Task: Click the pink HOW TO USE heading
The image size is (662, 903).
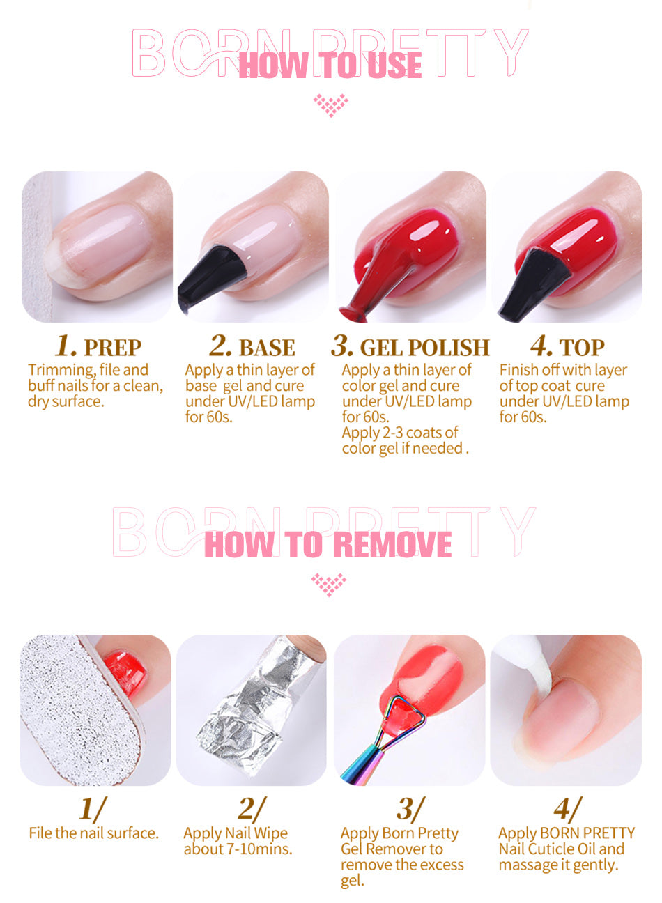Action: (x=330, y=65)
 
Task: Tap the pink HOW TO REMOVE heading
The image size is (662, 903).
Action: (x=328, y=544)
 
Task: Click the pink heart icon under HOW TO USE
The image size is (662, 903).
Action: (x=331, y=106)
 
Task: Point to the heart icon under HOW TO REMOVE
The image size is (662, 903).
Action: (x=329, y=585)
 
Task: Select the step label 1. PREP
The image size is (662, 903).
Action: (x=98, y=346)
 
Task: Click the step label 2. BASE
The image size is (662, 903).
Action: (x=252, y=346)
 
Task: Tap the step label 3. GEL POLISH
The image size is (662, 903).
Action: (x=410, y=346)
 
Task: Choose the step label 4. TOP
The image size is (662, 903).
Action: (x=567, y=346)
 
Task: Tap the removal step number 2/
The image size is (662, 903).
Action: (x=252, y=808)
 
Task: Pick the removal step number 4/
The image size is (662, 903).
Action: (x=568, y=808)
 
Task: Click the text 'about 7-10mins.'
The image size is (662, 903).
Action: (x=238, y=849)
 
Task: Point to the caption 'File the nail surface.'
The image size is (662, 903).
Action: (x=94, y=833)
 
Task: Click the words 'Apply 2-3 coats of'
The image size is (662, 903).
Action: (x=400, y=433)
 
